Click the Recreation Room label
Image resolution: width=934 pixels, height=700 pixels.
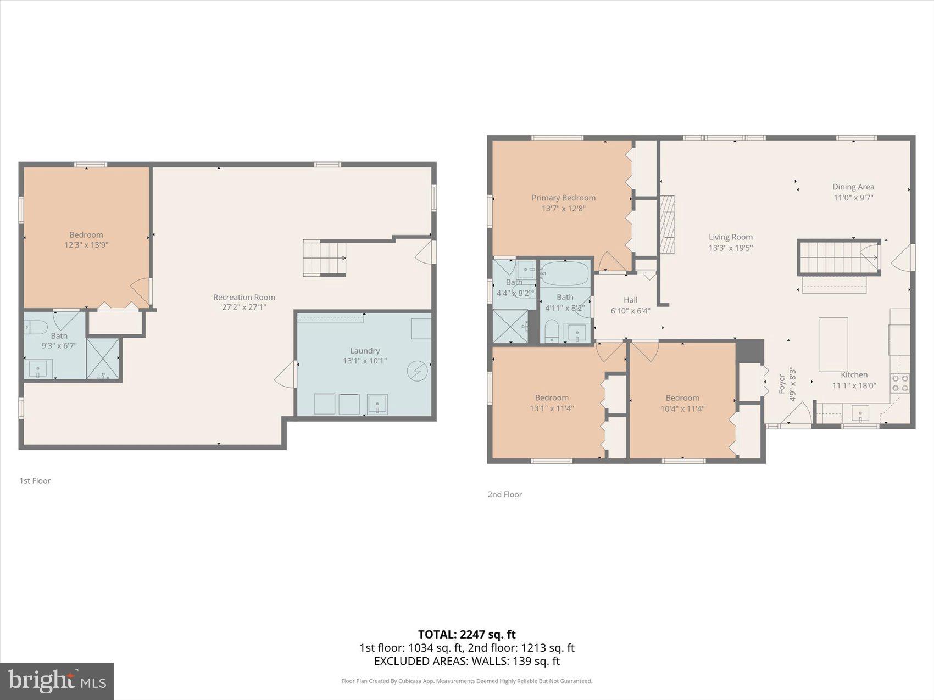pos(244,297)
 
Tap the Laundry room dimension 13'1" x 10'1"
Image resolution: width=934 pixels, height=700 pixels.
pos(365,361)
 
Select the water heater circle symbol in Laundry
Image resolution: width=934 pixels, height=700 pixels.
pos(416,371)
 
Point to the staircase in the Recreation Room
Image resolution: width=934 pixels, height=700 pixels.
pos(324,258)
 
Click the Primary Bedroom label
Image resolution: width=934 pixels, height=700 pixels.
pos(563,198)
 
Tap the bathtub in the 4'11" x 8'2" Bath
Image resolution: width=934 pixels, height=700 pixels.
pos(565,273)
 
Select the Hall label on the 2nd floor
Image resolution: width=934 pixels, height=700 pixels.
pos(630,300)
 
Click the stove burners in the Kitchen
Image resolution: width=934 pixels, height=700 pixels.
pos(899,383)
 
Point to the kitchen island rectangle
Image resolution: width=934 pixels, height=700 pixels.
pos(833,344)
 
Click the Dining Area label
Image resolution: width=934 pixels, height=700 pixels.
pos(853,187)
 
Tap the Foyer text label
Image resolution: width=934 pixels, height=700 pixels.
pos(781,384)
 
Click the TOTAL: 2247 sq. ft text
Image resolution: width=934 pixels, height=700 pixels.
pos(466,635)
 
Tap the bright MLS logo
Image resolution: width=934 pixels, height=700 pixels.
pos(57,681)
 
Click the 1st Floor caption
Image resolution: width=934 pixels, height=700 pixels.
pos(35,480)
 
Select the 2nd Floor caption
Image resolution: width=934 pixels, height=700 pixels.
pos(504,494)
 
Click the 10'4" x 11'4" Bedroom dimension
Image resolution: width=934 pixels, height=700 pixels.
pos(682,408)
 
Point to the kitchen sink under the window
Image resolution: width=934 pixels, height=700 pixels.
pos(860,413)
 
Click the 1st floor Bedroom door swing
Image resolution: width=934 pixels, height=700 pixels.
pos(141,291)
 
